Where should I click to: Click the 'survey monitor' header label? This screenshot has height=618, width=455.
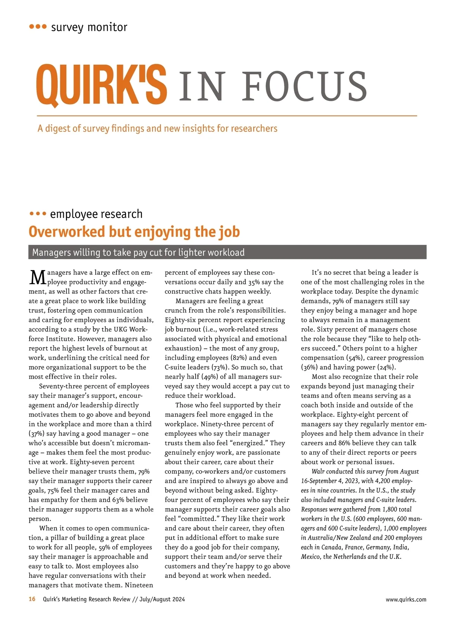pos(89,27)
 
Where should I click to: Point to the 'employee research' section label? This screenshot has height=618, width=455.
pos(96,214)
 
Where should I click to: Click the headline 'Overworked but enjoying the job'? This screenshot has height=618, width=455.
pos(134,232)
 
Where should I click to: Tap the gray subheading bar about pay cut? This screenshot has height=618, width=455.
pos(227,252)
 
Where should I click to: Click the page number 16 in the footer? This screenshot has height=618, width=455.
pos(32,599)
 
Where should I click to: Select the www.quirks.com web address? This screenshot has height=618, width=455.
pos(406,599)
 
